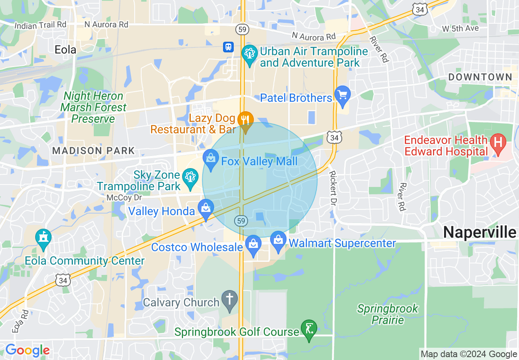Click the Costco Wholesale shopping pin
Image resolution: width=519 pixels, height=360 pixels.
(x=253, y=245)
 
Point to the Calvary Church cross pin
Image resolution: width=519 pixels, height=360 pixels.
(x=230, y=299)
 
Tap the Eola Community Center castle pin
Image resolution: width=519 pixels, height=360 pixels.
(x=43, y=238)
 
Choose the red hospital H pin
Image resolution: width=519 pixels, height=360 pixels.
(x=498, y=143)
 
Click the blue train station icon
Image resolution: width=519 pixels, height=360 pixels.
(x=228, y=47)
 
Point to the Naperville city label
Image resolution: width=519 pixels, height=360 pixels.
(x=480, y=232)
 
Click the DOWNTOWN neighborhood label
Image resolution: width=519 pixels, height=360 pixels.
(x=480, y=77)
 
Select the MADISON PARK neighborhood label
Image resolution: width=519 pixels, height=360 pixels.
(x=93, y=151)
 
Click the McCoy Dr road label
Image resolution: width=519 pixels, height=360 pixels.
(x=124, y=198)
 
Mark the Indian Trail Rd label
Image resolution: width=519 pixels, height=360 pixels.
(x=40, y=25)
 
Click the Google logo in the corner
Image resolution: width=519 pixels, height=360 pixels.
(x=27, y=350)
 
